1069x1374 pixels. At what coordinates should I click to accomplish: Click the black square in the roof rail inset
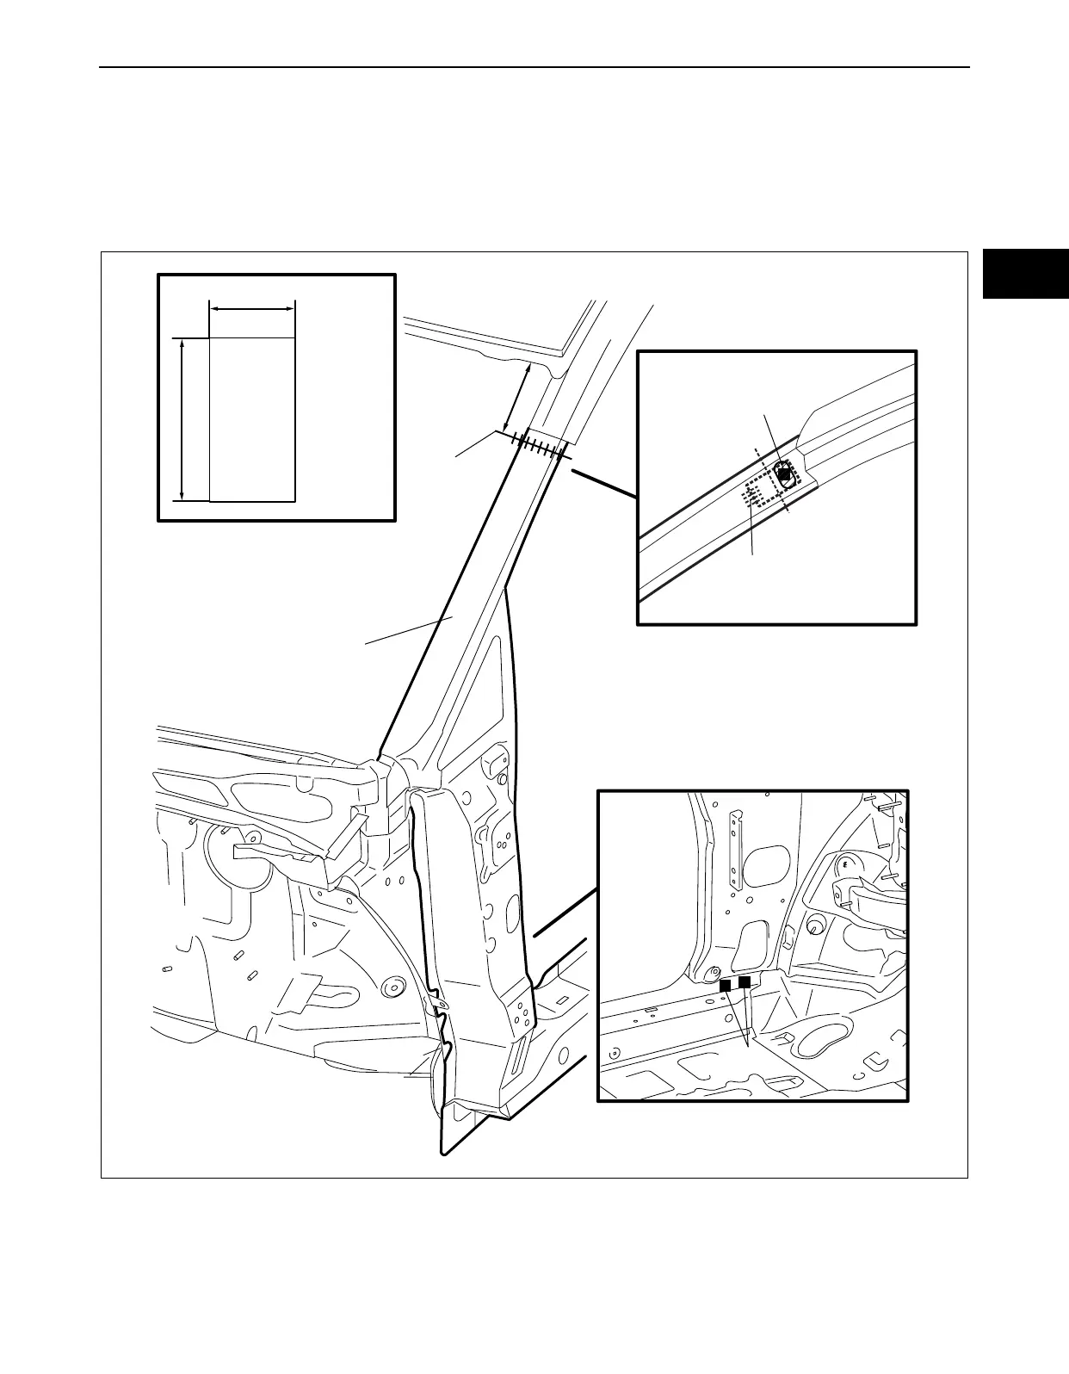pos(783,473)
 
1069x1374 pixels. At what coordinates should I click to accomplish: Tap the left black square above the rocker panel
pos(726,985)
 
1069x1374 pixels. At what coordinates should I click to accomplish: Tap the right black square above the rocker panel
pos(745,981)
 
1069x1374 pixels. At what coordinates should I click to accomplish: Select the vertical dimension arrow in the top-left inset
pos(182,418)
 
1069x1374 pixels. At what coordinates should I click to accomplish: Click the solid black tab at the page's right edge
pos(1025,274)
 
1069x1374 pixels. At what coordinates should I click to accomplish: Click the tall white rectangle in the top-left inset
pos(252,418)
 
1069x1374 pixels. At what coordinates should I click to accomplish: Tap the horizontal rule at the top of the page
pos(534,67)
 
